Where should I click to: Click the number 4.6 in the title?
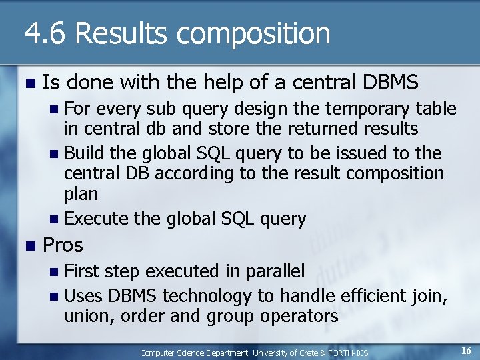point(46,33)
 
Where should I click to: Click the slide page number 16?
point(466,351)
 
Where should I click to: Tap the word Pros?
point(63,245)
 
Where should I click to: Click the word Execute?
point(97,219)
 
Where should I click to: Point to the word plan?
point(81,195)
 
